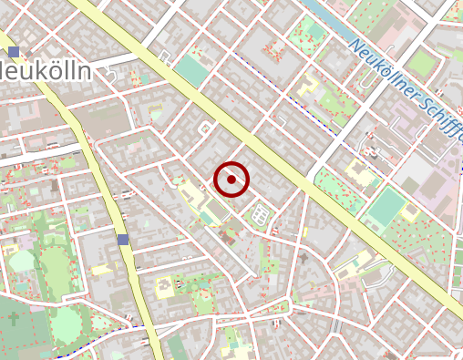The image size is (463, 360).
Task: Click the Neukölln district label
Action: (46, 72)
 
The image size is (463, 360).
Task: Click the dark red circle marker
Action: (232, 180)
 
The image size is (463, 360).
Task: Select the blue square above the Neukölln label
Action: (14, 52)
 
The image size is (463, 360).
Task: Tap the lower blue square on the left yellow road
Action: (123, 240)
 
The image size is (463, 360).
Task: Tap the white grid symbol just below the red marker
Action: (260, 216)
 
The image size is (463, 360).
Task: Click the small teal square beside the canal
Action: (315, 31)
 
